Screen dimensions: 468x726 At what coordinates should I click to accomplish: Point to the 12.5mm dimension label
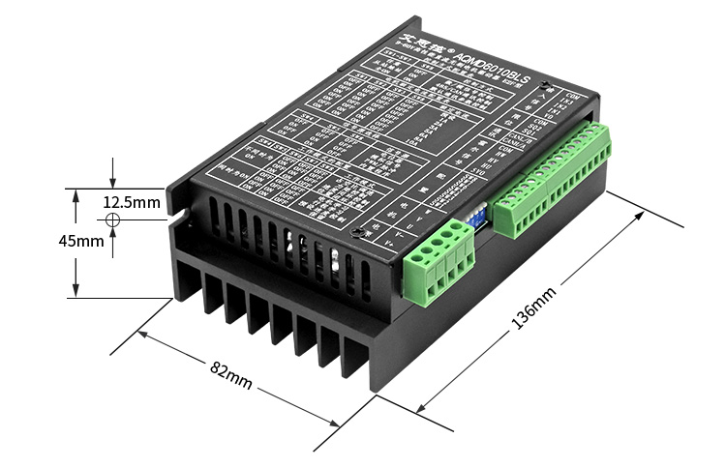pyautogui.click(x=132, y=202)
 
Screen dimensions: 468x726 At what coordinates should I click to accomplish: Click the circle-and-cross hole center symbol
pyautogui.click(x=113, y=220)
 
